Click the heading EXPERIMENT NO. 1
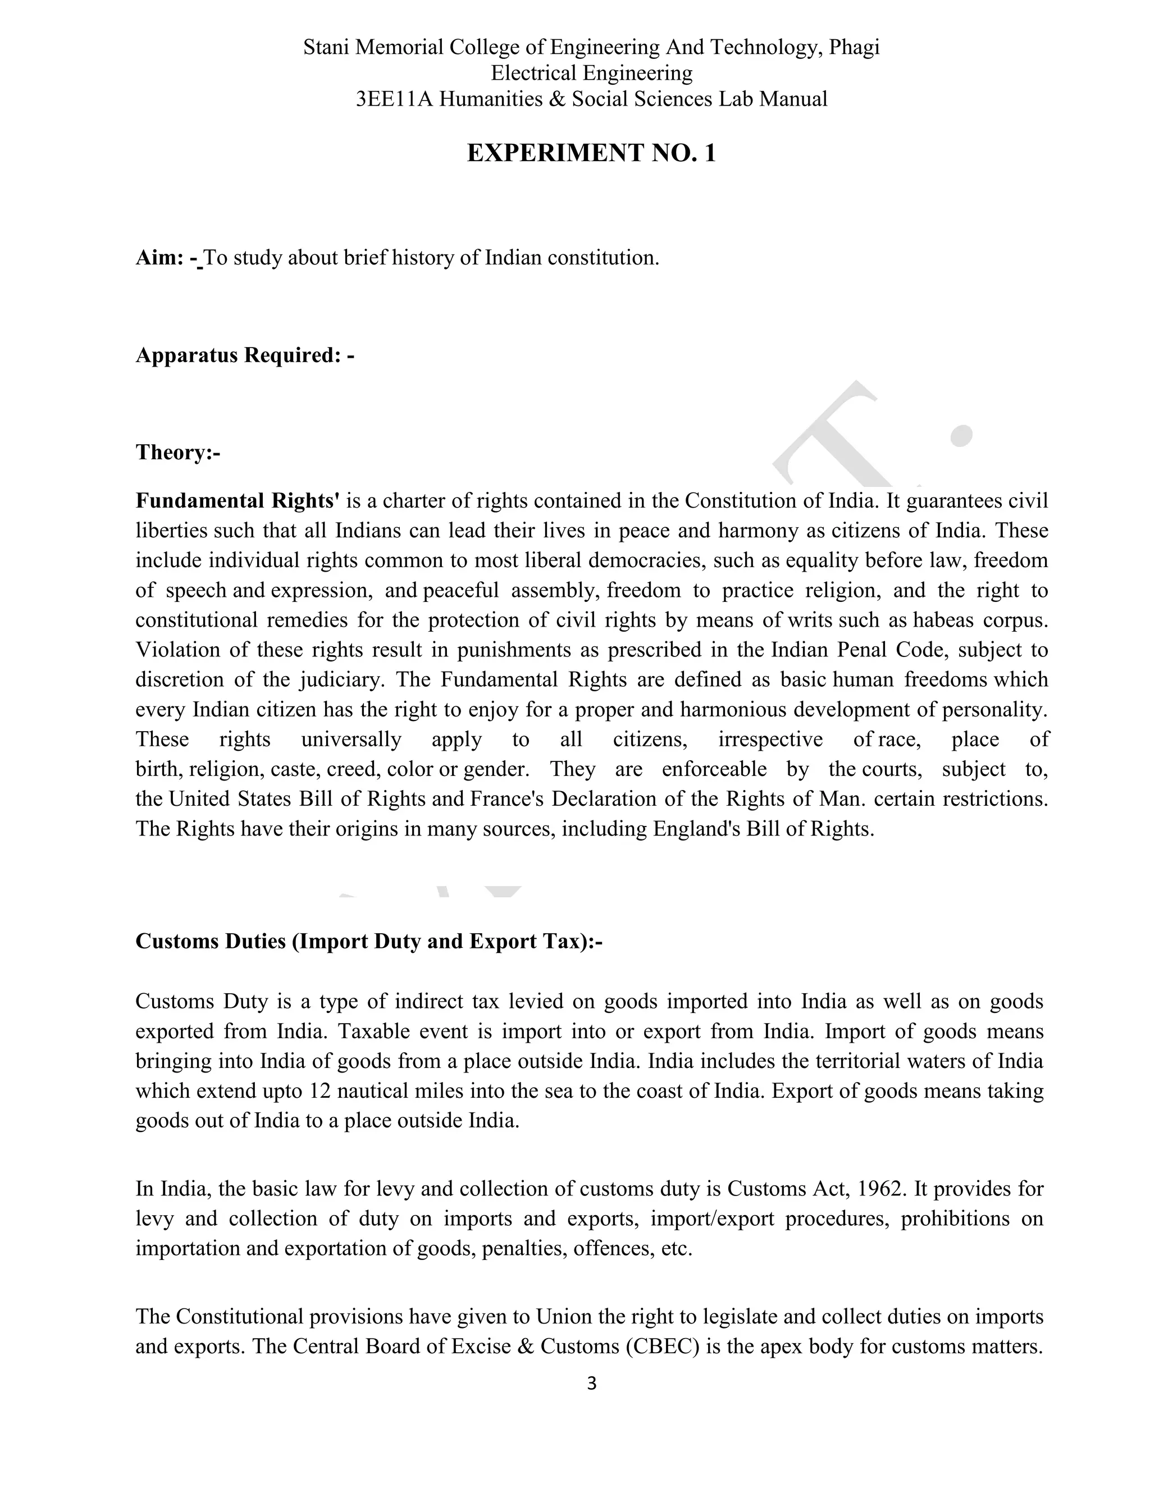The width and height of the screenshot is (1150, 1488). [x=591, y=153]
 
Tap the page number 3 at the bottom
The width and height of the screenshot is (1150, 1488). [x=591, y=1382]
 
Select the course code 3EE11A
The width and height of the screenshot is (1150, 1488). [x=394, y=99]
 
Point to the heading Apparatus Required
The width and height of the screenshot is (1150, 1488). [x=244, y=355]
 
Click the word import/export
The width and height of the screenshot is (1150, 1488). [x=712, y=1219]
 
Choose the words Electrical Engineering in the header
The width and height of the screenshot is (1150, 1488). [x=591, y=73]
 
